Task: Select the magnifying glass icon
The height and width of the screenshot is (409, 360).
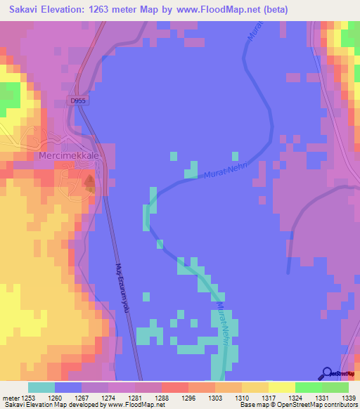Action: pos(327,374)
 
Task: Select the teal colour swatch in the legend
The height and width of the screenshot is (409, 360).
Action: pos(41,387)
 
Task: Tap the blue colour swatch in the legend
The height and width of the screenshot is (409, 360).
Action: pos(68,387)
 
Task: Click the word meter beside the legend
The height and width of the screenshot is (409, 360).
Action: pos(11,397)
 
